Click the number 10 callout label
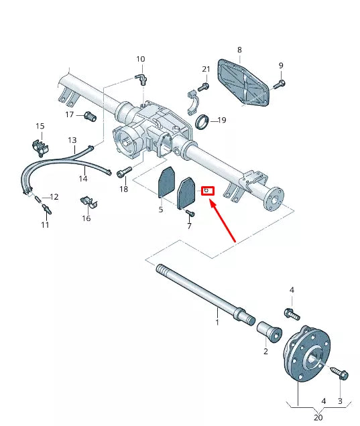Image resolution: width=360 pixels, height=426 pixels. coord(141,59)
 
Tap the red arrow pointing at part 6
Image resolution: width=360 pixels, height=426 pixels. coord(222,220)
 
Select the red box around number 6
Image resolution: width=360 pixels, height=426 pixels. coord(208,191)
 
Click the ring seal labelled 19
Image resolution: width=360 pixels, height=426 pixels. coord(202,122)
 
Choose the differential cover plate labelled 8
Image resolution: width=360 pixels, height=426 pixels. coord(243,82)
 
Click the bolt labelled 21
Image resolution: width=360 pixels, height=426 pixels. coord(203,87)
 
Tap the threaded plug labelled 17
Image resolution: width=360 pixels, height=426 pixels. coord(90,117)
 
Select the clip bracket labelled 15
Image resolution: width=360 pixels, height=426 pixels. coord(40,148)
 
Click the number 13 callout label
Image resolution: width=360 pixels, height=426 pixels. coord(72,140)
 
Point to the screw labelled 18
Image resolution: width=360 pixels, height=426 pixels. coord(124,171)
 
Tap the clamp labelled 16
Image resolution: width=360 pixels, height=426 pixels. coord(88,202)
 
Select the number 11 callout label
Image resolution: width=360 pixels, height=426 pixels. coord(45,224)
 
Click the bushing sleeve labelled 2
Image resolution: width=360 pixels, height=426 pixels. coord(269,332)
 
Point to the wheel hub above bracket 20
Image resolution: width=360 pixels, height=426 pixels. coord(306,354)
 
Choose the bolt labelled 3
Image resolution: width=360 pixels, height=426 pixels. coord(340,373)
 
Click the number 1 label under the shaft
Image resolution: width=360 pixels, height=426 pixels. coord(217,322)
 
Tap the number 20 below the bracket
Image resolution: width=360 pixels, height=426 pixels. coord(318,417)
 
